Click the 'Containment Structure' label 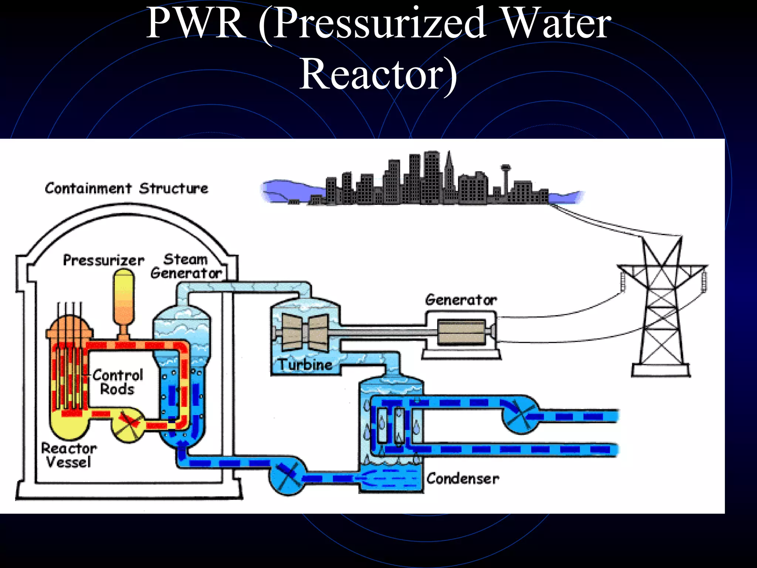[126, 189]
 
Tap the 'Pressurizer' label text [103, 260]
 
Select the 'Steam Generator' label [186, 266]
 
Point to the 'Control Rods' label [118, 382]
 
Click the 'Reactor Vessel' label [69, 455]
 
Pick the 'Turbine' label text [305, 365]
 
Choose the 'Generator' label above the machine [461, 300]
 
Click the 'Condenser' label [462, 479]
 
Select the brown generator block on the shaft [461, 332]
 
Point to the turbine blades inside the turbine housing [305, 332]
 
